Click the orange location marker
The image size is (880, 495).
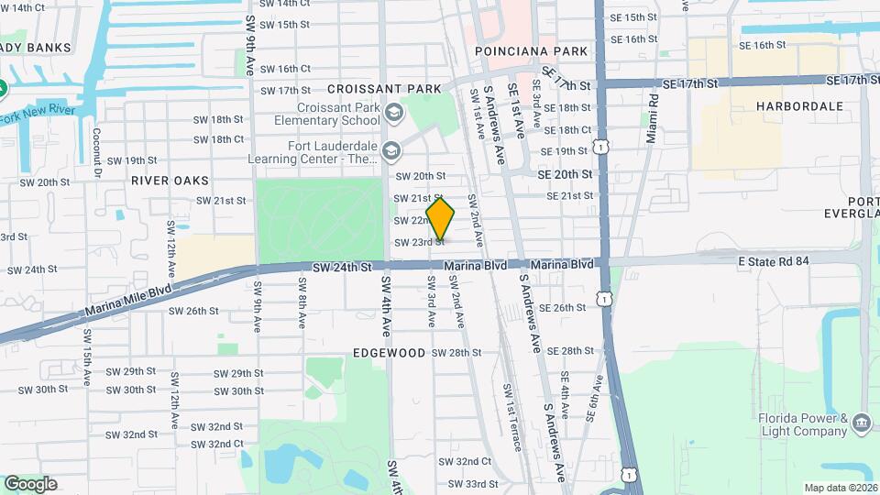pyautogui.click(x=440, y=219)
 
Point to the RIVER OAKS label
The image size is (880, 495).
pyautogui.click(x=170, y=181)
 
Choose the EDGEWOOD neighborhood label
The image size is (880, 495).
pyautogui.click(x=389, y=353)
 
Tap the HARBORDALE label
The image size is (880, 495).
pyautogui.click(x=799, y=106)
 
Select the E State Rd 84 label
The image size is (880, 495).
pyautogui.click(x=774, y=261)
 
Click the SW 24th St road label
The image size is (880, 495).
pyautogui.click(x=341, y=267)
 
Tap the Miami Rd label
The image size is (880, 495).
pyautogui.click(x=652, y=118)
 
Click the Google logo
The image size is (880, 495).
pyautogui.click(x=29, y=483)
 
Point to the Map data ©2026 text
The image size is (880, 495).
pyautogui.click(x=840, y=488)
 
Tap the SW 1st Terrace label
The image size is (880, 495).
pyautogui.click(x=511, y=416)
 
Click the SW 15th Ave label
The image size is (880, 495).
pyautogui.click(x=87, y=363)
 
